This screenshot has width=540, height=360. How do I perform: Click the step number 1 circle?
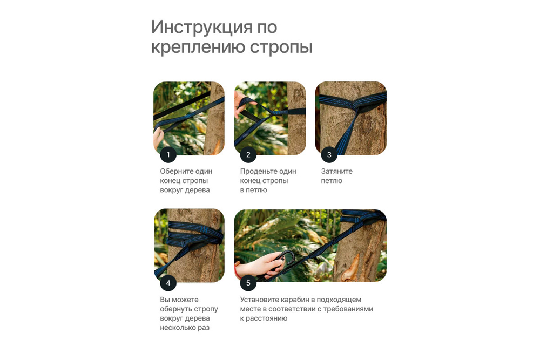pyautogui.click(x=168, y=155)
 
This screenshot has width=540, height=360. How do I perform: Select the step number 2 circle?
pyautogui.click(x=248, y=155)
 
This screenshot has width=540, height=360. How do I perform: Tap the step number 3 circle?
pyautogui.click(x=329, y=155)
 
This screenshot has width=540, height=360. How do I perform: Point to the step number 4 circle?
pyautogui.click(x=168, y=283)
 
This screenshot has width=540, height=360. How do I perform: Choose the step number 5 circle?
pyautogui.click(x=248, y=283)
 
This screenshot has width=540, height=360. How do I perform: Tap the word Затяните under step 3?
pyautogui.click(x=336, y=172)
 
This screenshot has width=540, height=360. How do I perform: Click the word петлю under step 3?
pyautogui.click(x=332, y=181)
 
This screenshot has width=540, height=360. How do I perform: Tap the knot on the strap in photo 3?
pyautogui.click(x=355, y=107)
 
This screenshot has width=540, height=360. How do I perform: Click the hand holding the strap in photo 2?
pyautogui.click(x=240, y=103)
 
